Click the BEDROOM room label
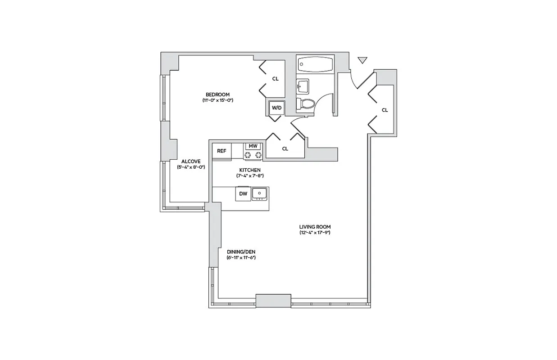coord(217,94)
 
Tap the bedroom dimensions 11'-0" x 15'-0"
coord(217,100)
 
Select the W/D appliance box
coord(276,108)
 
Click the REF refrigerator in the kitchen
coord(222,151)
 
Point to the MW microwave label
coord(253,146)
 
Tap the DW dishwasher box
coord(243,194)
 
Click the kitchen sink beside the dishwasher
coord(259,193)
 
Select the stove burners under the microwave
coord(253,155)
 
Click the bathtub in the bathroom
coord(315,65)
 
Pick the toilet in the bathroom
coord(307,104)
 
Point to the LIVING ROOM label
coord(315,227)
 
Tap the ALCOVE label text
coord(191,161)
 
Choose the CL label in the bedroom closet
coord(275,79)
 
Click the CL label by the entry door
coord(385,110)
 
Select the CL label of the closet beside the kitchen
coord(285,149)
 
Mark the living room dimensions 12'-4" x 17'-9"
coord(315,233)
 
